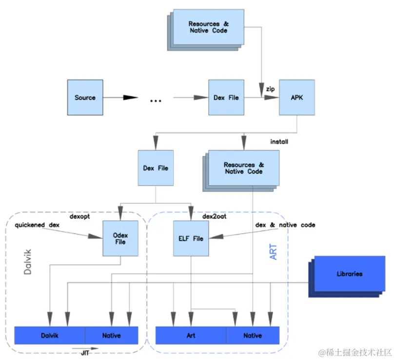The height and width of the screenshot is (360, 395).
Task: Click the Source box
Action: [85, 97]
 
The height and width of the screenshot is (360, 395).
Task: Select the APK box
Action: [297, 97]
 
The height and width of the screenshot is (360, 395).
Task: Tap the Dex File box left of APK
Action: [226, 97]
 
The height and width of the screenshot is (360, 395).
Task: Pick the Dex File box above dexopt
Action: [156, 168]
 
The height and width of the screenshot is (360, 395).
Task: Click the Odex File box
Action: [120, 238]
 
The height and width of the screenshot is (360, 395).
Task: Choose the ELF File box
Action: [191, 238]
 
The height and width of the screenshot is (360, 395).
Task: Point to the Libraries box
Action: [349, 274]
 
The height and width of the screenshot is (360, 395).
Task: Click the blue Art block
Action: [191, 336]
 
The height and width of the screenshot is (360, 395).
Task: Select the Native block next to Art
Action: [253, 336]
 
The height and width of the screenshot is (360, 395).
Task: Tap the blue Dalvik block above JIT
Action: [50, 336]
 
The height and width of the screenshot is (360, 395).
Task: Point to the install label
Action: [279, 142]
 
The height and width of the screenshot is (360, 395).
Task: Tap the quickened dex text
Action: [37, 225]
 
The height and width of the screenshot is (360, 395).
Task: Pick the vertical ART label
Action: [273, 252]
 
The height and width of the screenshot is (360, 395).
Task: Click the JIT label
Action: [84, 352]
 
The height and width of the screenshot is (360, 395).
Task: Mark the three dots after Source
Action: [156, 100]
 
